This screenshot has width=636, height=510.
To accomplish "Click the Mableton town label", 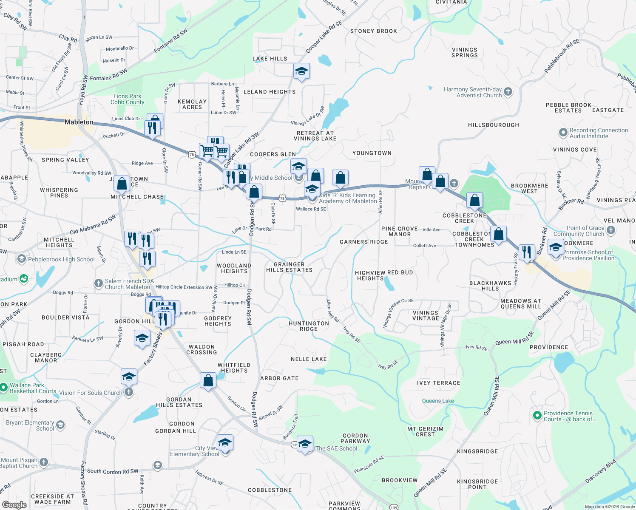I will tap(79, 122).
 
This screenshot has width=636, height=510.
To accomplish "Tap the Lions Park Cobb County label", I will tap(128, 99).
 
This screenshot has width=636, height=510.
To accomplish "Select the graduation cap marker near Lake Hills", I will tap(301, 71).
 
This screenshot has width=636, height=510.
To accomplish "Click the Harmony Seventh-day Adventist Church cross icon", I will tap(508, 92).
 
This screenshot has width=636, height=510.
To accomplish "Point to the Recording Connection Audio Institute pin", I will tap(563, 133).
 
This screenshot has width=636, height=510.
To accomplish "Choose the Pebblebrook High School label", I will tap(61, 259).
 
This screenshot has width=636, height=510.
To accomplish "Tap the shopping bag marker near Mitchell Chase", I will tap(122, 184).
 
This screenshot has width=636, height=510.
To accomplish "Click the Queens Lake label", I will tap(438, 401).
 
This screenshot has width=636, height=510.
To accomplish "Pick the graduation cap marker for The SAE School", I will tap(305, 444).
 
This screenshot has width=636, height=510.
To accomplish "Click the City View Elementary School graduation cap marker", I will tap(225, 443).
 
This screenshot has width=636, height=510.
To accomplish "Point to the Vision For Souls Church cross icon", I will tap(129, 392).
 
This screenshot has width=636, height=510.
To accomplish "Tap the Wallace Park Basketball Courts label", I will tap(33, 388).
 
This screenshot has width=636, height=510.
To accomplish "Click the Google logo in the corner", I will tap(14, 504).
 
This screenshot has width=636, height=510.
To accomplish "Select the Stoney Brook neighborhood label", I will tap(373, 31).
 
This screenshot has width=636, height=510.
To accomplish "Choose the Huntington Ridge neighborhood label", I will tap(309, 326).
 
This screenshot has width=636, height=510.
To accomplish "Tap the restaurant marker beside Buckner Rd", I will tap(527, 252).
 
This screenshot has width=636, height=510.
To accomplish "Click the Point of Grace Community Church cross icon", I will tap(611, 230).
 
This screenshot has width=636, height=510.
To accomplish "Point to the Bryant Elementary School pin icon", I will tap(60, 425).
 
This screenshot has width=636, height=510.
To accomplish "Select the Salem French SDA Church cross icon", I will tap(99, 283).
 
